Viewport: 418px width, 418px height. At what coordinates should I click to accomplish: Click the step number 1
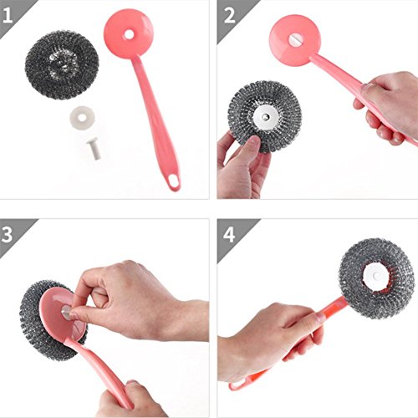click(x=8, y=15)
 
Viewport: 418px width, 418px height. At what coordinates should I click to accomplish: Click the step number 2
click(x=229, y=16)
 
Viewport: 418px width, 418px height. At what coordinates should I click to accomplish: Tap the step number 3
click(x=7, y=234)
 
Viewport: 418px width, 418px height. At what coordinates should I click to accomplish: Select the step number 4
click(x=229, y=235)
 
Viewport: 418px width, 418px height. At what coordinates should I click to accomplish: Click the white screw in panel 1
click(x=94, y=149)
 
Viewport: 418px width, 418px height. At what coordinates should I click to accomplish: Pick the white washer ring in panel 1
click(x=82, y=117)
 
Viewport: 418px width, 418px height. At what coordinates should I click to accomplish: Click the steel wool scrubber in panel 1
click(x=62, y=64)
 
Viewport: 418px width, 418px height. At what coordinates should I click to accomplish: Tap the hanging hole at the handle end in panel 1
click(x=174, y=181)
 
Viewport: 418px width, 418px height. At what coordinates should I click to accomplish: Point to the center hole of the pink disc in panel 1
click(x=129, y=34)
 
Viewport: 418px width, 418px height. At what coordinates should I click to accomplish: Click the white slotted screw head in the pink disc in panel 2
click(x=296, y=40)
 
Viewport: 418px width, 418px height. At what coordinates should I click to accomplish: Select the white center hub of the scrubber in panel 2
click(x=266, y=116)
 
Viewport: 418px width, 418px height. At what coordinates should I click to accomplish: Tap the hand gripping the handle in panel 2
click(x=387, y=107)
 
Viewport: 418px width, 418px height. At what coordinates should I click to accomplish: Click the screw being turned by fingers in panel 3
click(x=66, y=312)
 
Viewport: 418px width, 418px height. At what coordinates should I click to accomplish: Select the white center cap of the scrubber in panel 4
click(x=376, y=276)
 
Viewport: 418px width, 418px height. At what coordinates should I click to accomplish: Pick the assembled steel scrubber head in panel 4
click(x=376, y=278)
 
